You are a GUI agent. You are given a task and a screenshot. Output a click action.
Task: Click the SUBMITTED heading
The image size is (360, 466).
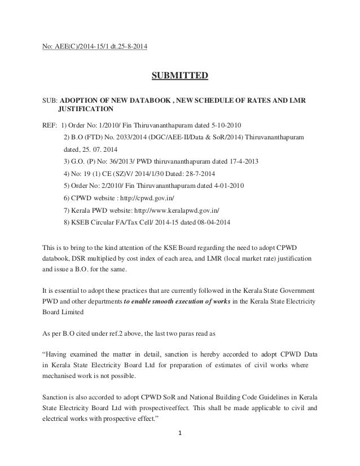[179, 75]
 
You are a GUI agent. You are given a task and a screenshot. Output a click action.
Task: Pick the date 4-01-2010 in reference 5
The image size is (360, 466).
[227, 186]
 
